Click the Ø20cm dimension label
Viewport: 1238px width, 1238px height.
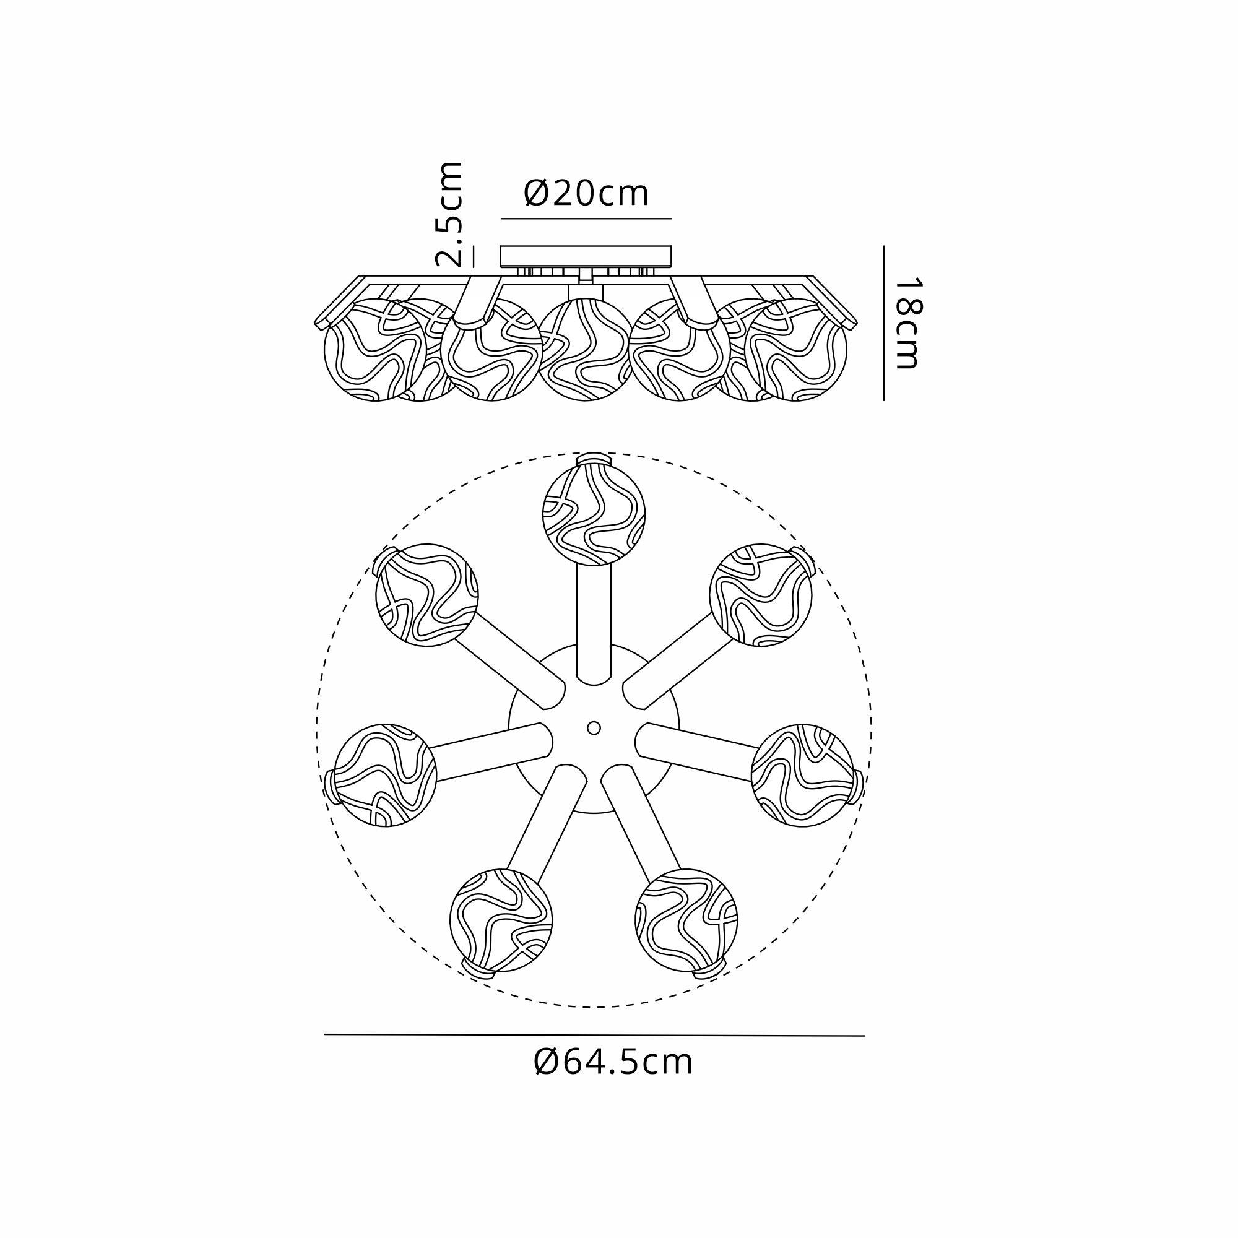point(586,193)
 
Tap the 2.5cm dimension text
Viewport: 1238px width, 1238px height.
point(449,214)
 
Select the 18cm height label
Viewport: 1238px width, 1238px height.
point(907,323)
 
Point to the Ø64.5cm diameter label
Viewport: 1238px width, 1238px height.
point(613,1062)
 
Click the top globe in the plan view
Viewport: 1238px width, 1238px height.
point(594,514)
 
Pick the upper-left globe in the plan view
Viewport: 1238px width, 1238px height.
point(426,595)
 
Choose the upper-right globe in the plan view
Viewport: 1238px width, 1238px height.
point(761,595)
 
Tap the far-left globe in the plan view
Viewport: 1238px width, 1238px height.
point(385,776)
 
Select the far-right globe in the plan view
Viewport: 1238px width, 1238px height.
point(802,776)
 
